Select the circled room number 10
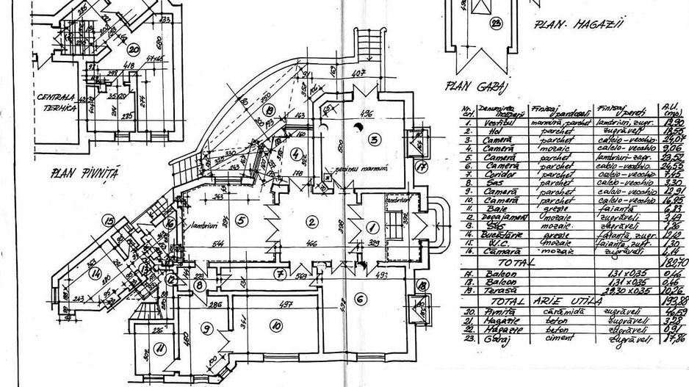[276, 327]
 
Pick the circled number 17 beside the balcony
[421, 167]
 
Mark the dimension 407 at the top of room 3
[358, 74]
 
